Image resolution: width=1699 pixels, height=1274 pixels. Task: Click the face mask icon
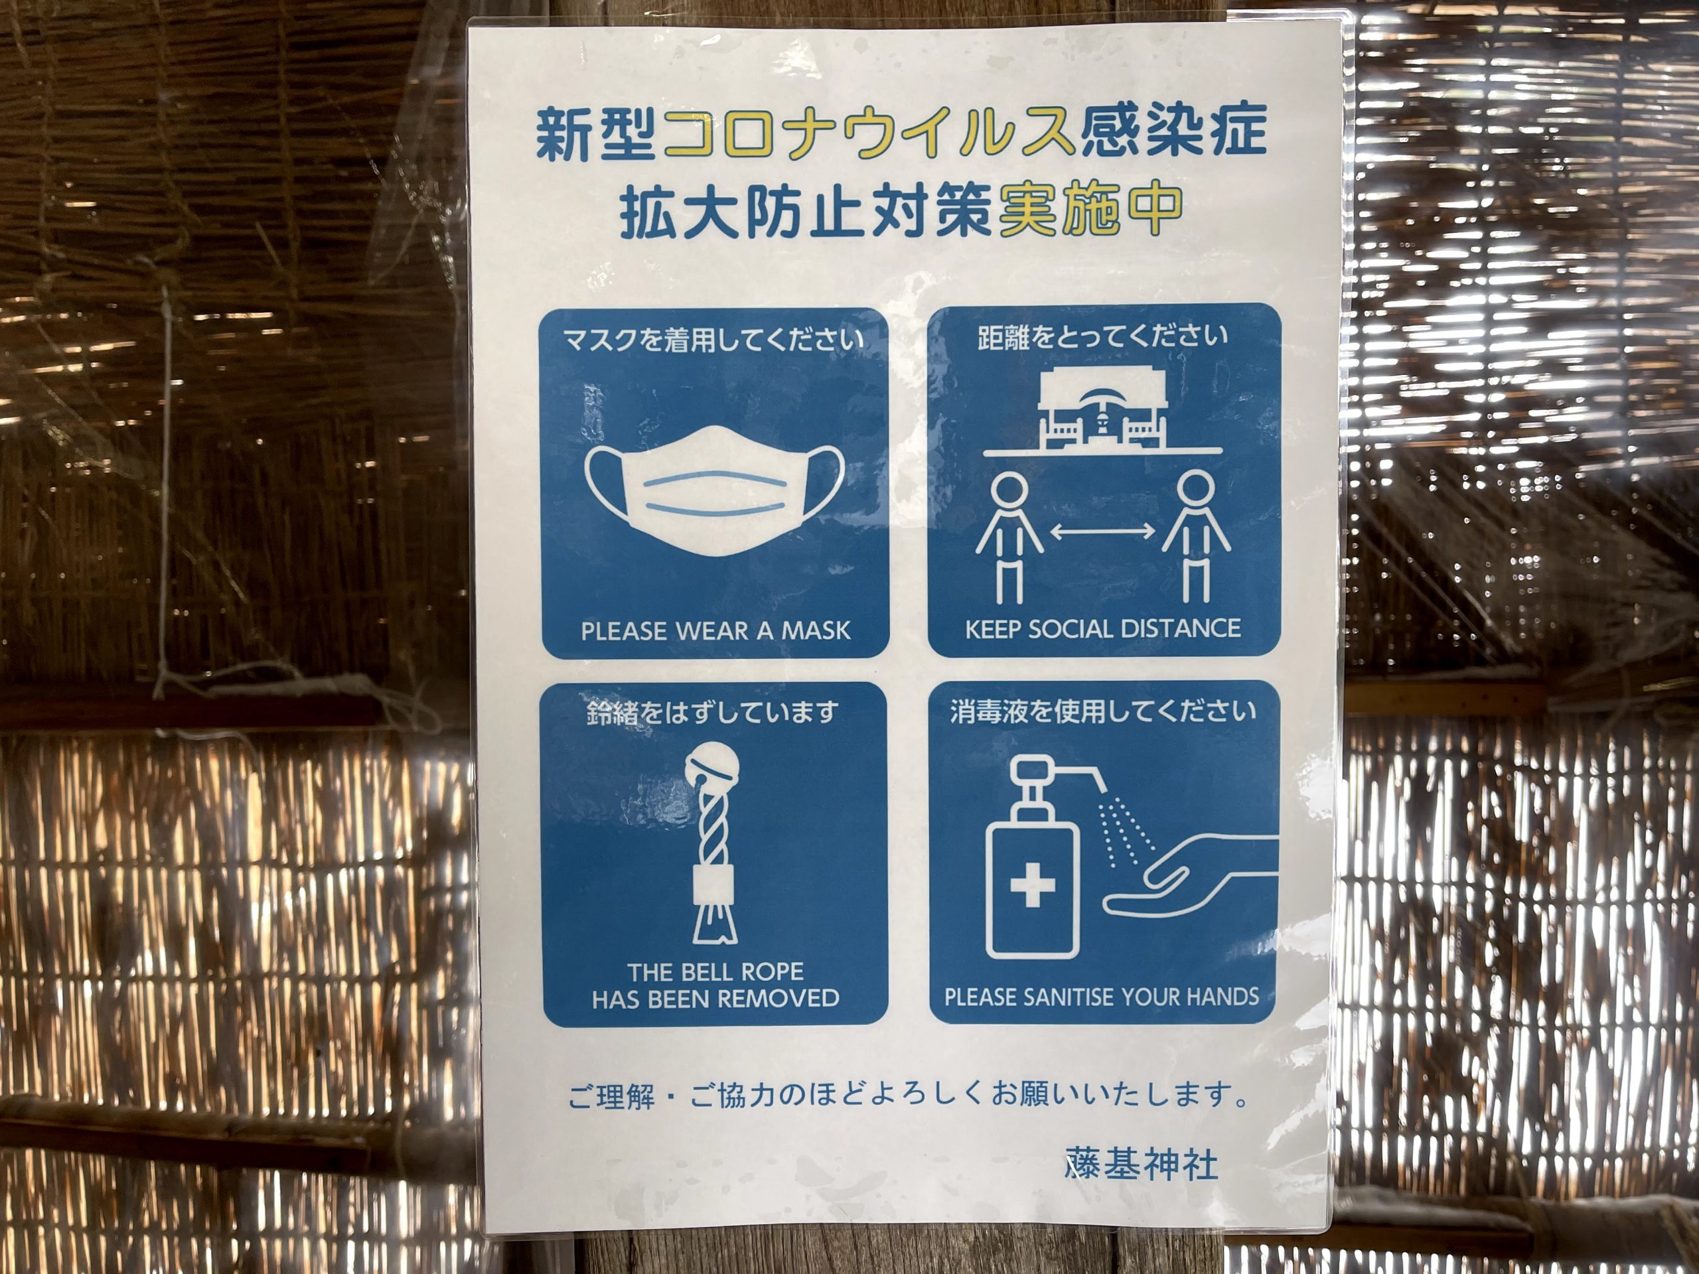click(x=714, y=492)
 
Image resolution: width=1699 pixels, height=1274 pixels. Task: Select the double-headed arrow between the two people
click(x=1102, y=531)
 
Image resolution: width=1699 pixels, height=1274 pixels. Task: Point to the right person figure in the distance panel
click(x=1196, y=537)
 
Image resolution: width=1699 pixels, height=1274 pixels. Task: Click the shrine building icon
click(x=1102, y=411)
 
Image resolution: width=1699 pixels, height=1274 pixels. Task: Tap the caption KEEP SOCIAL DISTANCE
click(x=1102, y=629)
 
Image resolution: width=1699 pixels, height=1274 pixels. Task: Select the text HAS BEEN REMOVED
click(x=715, y=999)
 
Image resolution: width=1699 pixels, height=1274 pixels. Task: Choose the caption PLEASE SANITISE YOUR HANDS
click(x=1102, y=997)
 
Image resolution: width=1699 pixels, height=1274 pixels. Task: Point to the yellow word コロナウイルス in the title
click(x=867, y=133)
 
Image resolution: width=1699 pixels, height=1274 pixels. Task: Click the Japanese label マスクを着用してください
click(x=714, y=340)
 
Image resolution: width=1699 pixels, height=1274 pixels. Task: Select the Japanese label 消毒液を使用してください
click(x=1103, y=712)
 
